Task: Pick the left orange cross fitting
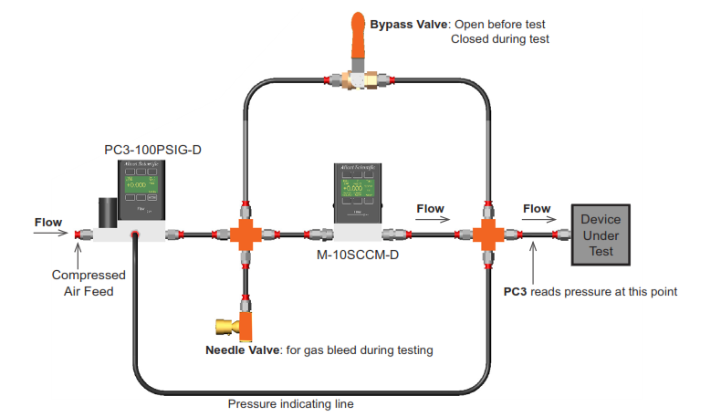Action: pos(245,235)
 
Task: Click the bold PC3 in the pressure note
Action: pos(517,292)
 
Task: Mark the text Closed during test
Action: pos(500,39)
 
